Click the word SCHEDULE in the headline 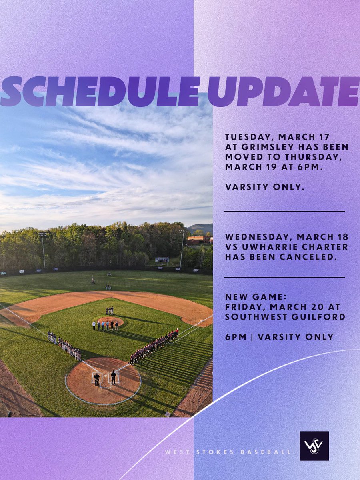pos(100,91)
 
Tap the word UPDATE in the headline pos(283,91)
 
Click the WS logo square pos(314,446)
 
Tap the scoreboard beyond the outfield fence pos(162,260)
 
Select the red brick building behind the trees pos(199,240)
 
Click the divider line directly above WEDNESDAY pos(284,211)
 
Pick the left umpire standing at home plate pos(96,378)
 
